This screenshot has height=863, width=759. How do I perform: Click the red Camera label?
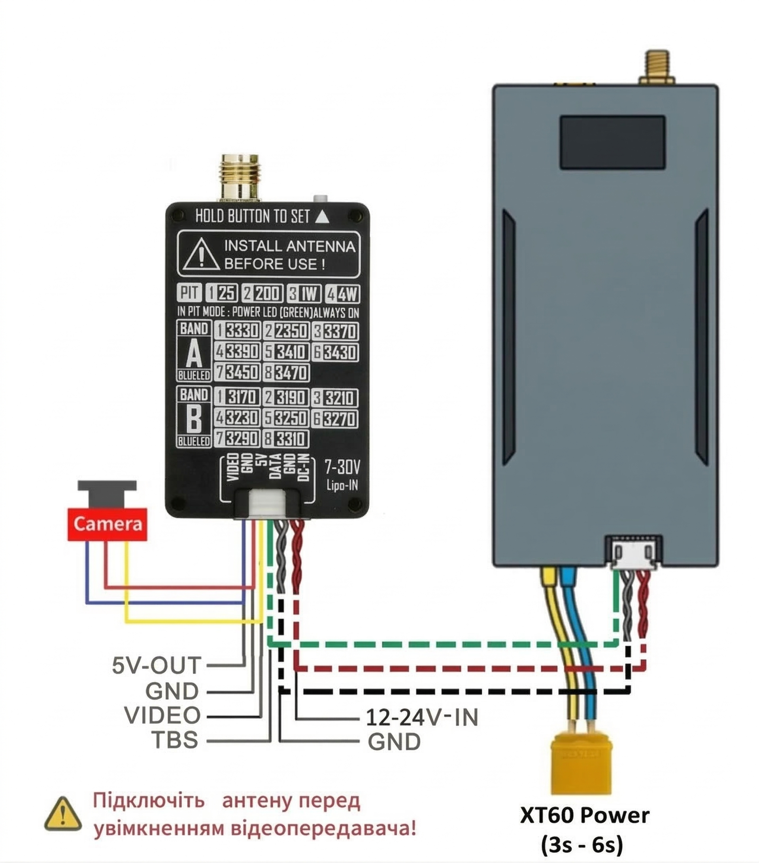[107, 524]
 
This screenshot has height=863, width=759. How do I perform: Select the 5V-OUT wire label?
[156, 665]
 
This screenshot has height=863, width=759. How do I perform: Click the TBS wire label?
[175, 740]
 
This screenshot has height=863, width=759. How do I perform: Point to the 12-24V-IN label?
[421, 717]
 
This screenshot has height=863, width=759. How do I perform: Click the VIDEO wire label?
[162, 715]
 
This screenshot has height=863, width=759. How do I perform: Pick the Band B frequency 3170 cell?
[238, 397]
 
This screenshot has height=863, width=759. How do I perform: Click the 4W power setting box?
[343, 293]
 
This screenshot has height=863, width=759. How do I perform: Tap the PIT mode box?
[189, 292]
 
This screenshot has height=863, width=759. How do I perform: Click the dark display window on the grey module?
[612, 142]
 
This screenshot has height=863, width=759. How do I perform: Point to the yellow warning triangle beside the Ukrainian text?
[63, 814]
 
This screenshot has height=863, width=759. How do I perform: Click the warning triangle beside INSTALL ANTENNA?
[202, 254]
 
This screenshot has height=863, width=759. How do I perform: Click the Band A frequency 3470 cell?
[286, 373]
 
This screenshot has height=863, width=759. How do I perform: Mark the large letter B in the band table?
[194, 418]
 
